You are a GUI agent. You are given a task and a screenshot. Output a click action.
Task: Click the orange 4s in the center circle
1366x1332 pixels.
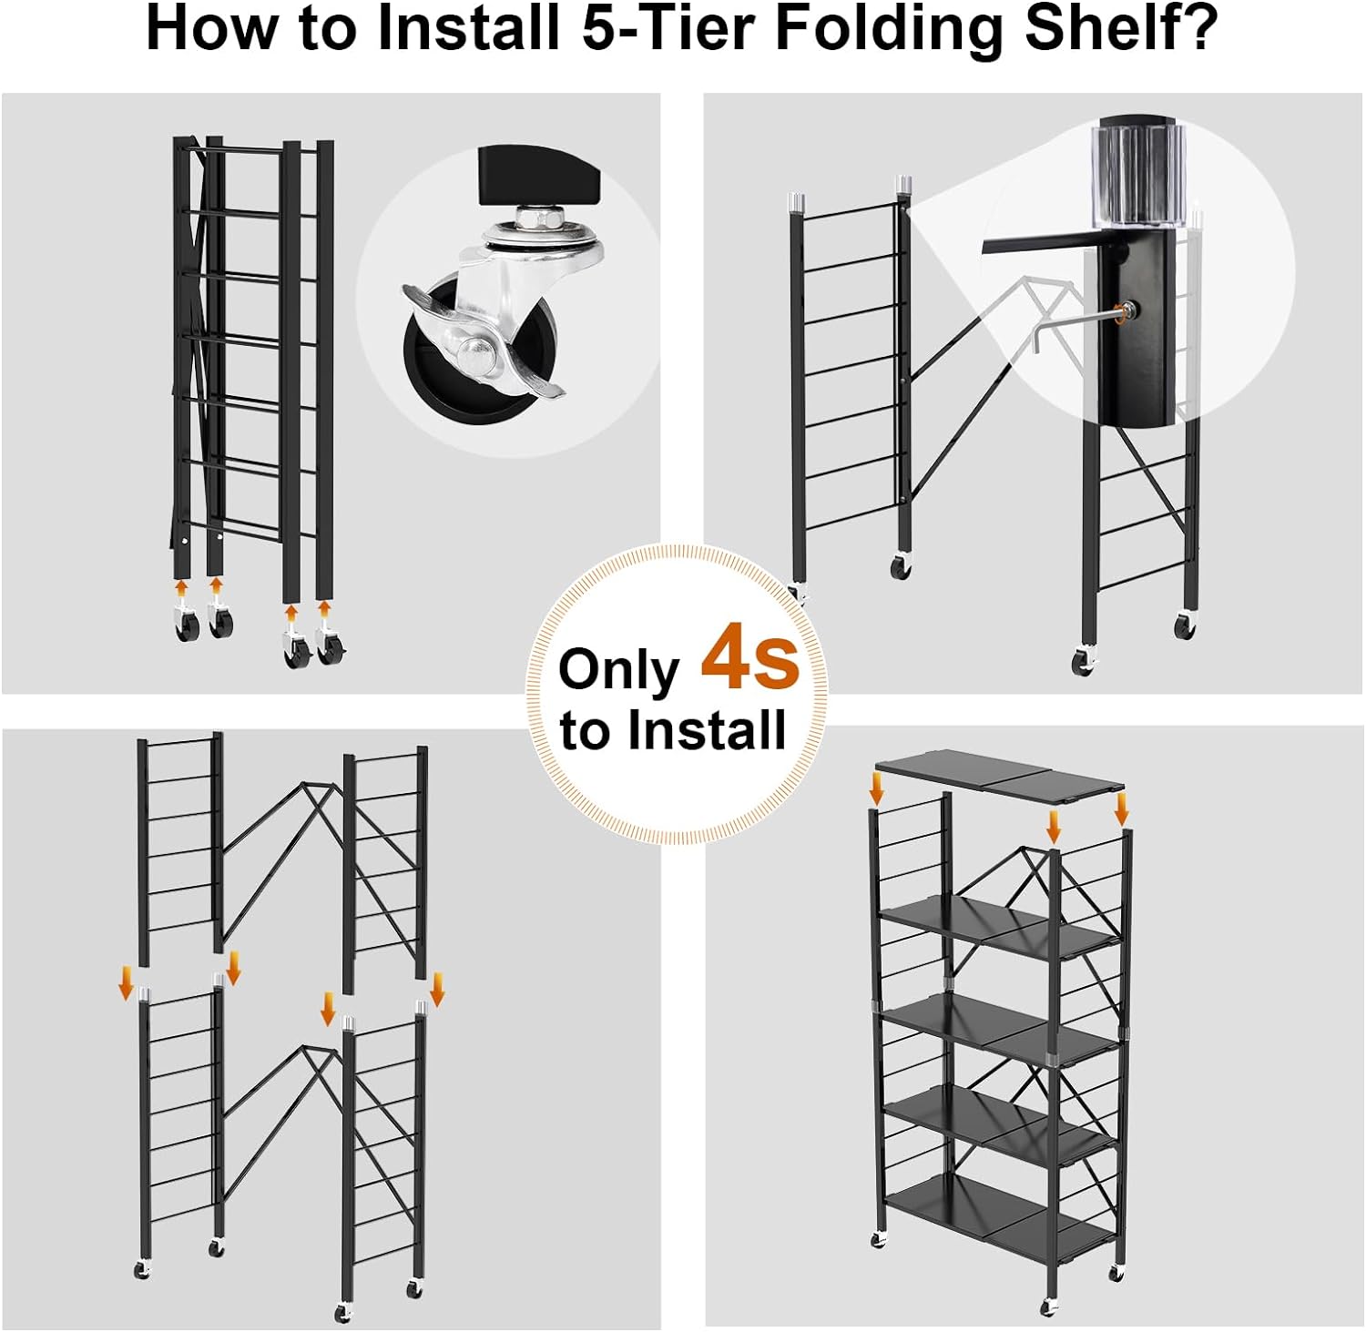tap(749, 657)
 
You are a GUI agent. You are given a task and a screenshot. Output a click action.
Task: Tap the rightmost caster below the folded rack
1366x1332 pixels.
tap(330, 648)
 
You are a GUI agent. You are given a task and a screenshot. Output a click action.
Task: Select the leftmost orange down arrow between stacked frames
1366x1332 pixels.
tap(127, 983)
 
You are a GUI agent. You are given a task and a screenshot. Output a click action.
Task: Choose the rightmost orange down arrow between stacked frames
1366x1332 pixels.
tap(437, 988)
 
